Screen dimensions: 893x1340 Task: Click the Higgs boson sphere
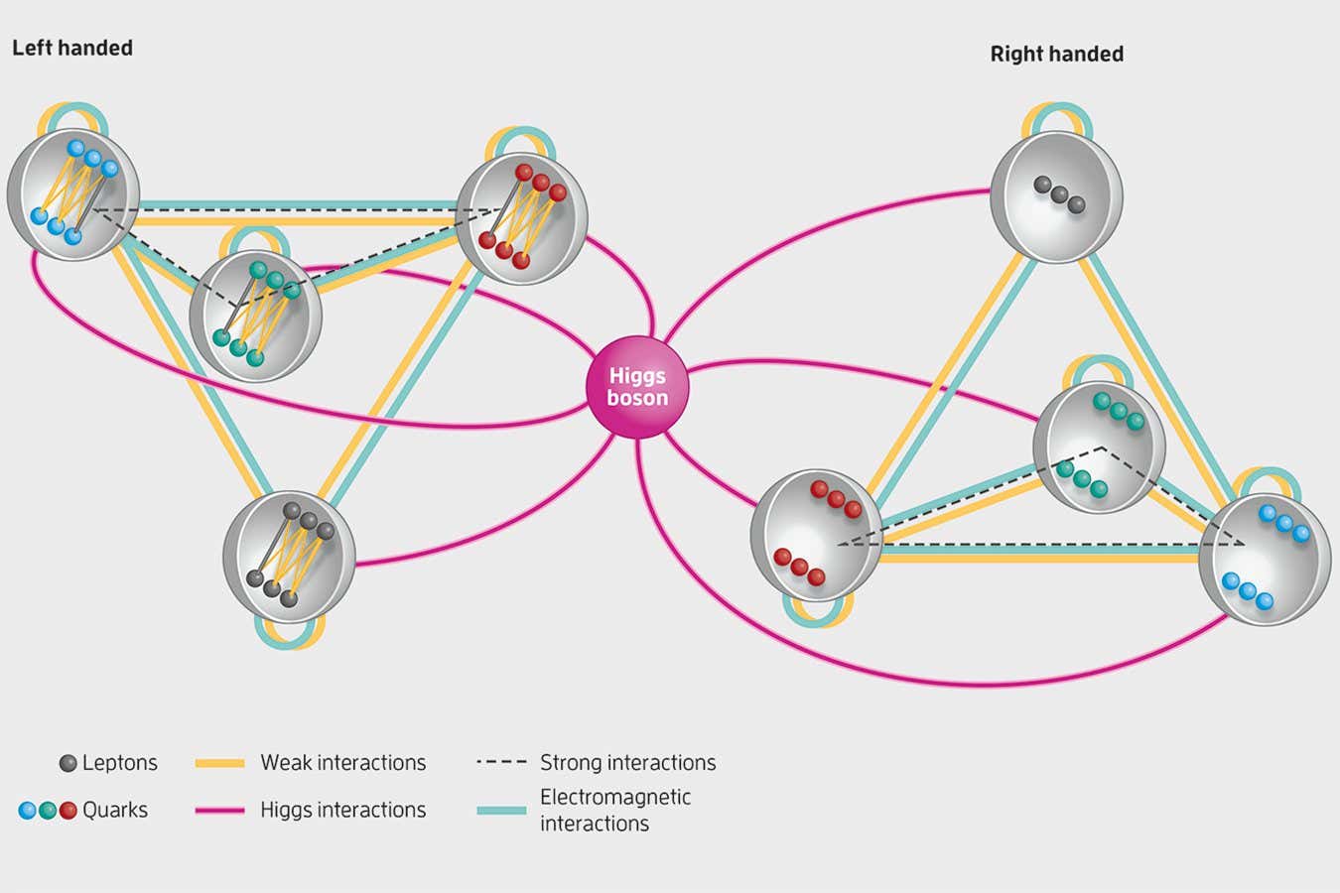[x=637, y=388]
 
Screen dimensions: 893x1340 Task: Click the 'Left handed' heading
[x=72, y=48]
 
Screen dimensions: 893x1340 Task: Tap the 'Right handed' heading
[x=1056, y=55]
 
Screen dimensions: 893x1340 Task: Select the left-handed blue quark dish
[x=73, y=194]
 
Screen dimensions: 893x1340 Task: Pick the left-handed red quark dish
[x=521, y=218]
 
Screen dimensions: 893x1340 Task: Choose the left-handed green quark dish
[x=256, y=317]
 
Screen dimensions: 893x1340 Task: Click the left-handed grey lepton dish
[x=289, y=557]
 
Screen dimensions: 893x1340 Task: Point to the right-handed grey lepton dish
[x=1056, y=197]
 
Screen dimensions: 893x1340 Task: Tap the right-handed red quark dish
[x=816, y=536]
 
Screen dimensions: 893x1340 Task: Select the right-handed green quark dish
[x=1099, y=447]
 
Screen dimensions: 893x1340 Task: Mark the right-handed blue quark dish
[x=1265, y=559]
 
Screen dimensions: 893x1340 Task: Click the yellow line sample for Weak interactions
[x=220, y=763]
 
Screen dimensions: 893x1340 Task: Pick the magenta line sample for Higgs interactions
[x=220, y=810]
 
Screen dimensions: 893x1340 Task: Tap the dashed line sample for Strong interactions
[x=501, y=763]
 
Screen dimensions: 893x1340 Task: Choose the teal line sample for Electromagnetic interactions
[x=501, y=811]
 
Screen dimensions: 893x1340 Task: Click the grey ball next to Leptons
[x=67, y=763]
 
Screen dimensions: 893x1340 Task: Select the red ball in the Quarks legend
[x=67, y=810]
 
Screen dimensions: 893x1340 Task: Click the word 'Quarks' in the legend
[x=115, y=810]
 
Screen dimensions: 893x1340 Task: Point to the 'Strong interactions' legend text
[x=627, y=763]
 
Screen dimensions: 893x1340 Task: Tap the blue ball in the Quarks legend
[x=28, y=810]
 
